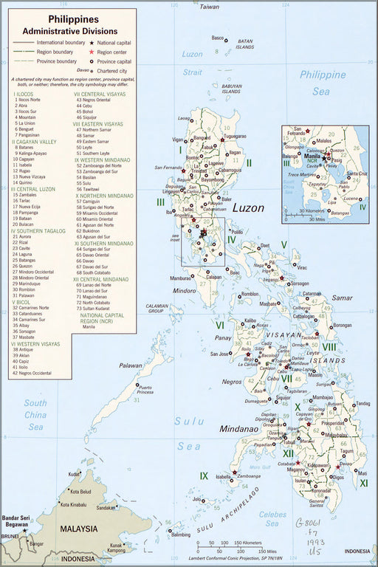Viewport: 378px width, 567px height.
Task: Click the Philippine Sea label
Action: pos(323,83)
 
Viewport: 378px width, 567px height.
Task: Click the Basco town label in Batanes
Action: pos(217,38)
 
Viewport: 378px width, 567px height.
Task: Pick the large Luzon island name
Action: pos(249,208)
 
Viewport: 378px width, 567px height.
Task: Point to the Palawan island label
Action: pos(131,365)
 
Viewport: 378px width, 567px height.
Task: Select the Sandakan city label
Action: pos(106,508)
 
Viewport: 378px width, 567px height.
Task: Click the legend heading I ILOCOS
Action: pos(24,95)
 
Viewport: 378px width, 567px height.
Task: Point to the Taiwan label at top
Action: pos(210,7)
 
